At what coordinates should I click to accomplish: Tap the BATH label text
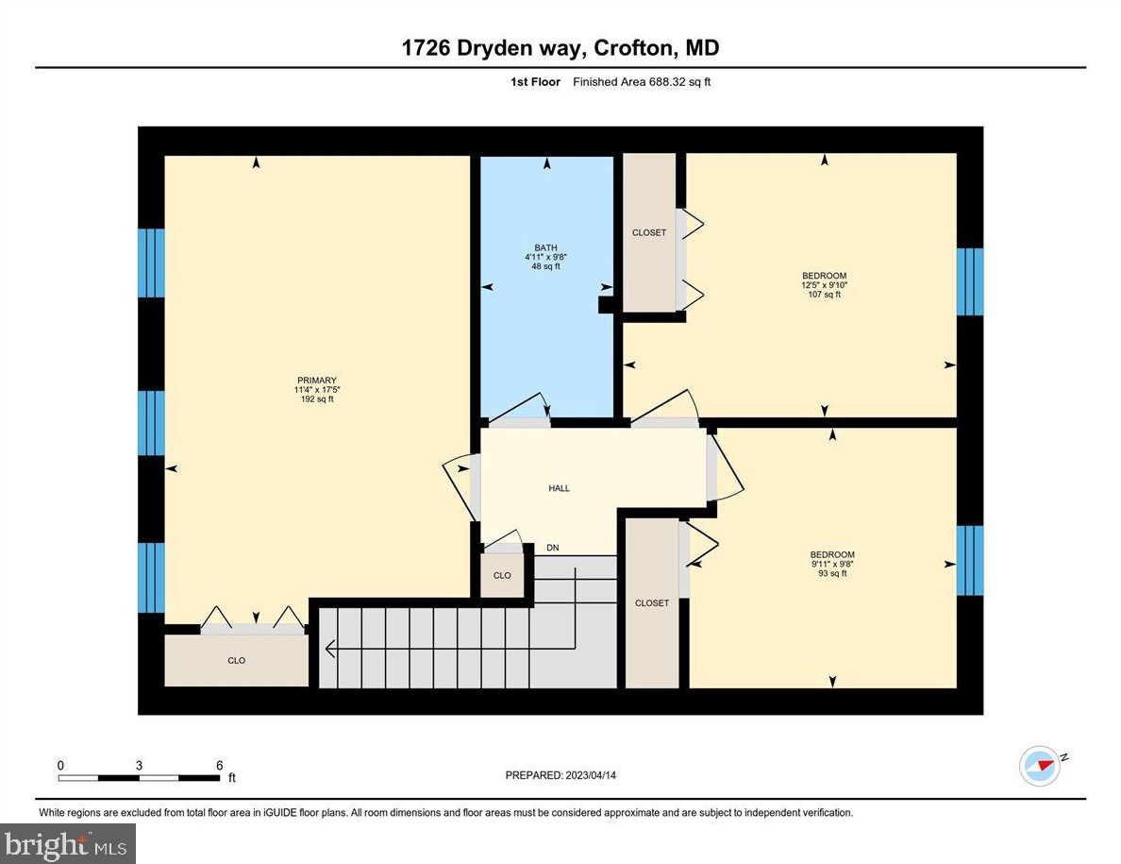(x=545, y=247)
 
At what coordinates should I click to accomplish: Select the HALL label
(x=560, y=488)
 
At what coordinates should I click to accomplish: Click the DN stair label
(x=553, y=548)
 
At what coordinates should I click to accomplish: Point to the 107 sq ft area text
(x=824, y=295)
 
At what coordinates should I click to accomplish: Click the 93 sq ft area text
(x=831, y=573)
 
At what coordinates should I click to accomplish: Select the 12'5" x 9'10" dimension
(x=824, y=285)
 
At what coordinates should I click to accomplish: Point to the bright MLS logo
(x=68, y=843)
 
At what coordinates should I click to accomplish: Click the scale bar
(x=138, y=778)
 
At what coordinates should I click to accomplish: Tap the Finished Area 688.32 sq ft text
(x=642, y=82)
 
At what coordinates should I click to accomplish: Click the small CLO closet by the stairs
(x=502, y=575)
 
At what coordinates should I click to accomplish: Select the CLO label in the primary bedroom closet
(x=237, y=660)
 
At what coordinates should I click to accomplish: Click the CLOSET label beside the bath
(x=649, y=232)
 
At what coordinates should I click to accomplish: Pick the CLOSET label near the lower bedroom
(x=652, y=602)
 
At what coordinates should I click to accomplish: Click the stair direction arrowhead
(x=331, y=649)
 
